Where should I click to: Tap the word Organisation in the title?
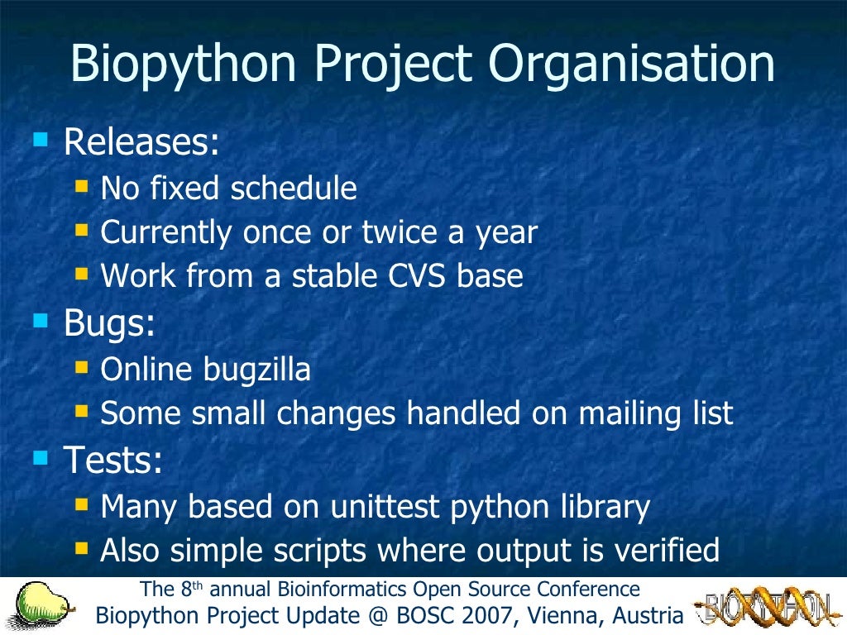(x=632, y=65)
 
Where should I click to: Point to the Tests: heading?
(x=112, y=461)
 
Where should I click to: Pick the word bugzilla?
(x=256, y=370)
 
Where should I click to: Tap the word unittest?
(x=386, y=506)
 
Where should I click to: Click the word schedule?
(x=294, y=189)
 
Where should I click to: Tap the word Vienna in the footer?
(x=570, y=616)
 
